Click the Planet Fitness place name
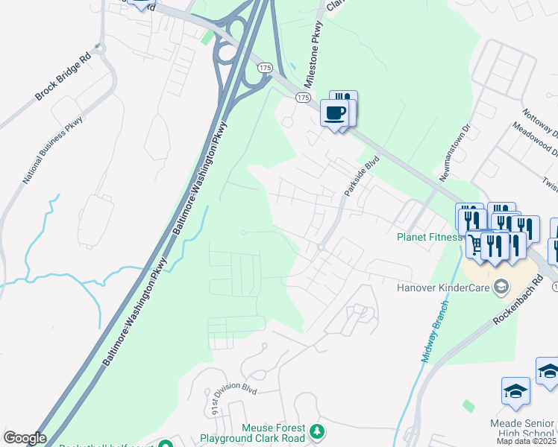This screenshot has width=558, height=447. click(429, 238)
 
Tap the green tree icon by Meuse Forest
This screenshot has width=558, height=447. click(317, 431)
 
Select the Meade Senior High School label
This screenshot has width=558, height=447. click(523, 428)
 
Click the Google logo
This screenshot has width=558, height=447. click(25, 438)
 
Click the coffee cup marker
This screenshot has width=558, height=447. click(334, 113)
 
